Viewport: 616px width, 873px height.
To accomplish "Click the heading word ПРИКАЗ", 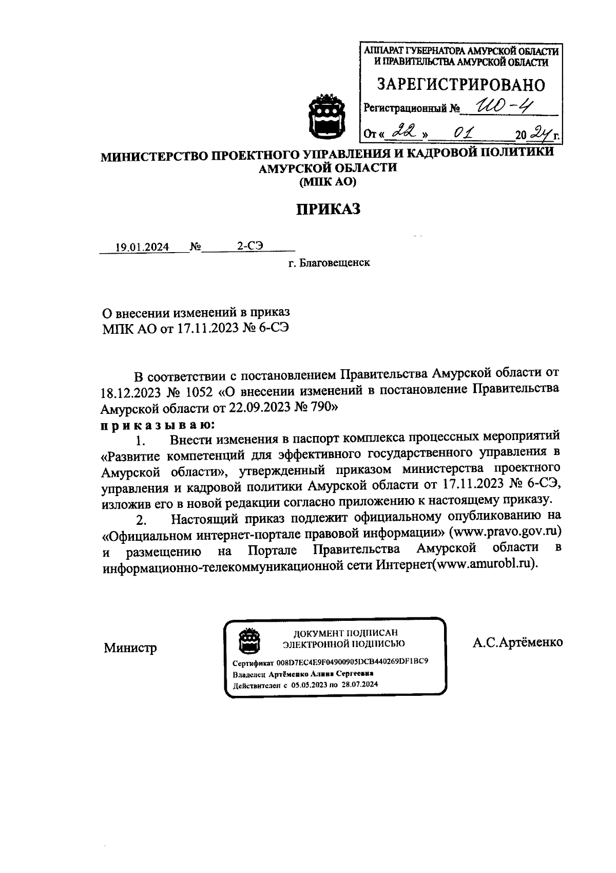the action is click(x=328, y=210).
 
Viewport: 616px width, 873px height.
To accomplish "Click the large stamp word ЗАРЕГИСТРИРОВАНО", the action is click(x=461, y=85).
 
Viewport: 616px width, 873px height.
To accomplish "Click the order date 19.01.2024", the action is click(x=142, y=247).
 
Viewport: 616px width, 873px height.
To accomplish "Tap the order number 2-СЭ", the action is click(x=249, y=246).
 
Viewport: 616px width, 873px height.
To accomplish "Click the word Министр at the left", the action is click(x=130, y=648).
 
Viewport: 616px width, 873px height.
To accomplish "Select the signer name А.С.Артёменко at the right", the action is click(x=517, y=642).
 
